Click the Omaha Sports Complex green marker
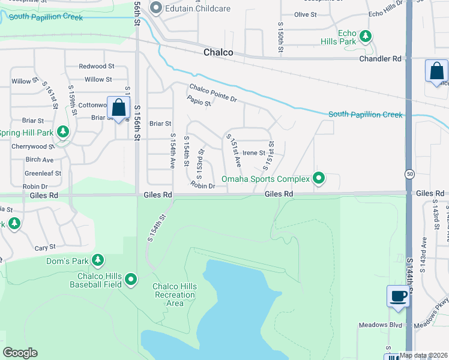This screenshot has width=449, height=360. (x=319, y=178)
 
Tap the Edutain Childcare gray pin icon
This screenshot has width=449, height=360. (x=156, y=8)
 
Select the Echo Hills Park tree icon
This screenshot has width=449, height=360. (x=365, y=37)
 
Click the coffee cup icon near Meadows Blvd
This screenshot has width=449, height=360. (x=399, y=296)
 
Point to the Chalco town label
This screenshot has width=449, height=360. (x=218, y=52)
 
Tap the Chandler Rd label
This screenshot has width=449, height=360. (x=379, y=59)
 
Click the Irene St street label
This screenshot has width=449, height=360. (x=253, y=153)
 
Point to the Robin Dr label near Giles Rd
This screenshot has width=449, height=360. (x=203, y=186)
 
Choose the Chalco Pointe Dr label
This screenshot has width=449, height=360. (x=214, y=92)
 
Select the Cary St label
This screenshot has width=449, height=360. (x=45, y=247)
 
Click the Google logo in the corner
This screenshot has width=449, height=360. (x=20, y=353)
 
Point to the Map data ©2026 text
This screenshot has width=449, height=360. (x=423, y=355)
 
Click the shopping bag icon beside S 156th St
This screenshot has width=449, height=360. (x=119, y=108)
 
